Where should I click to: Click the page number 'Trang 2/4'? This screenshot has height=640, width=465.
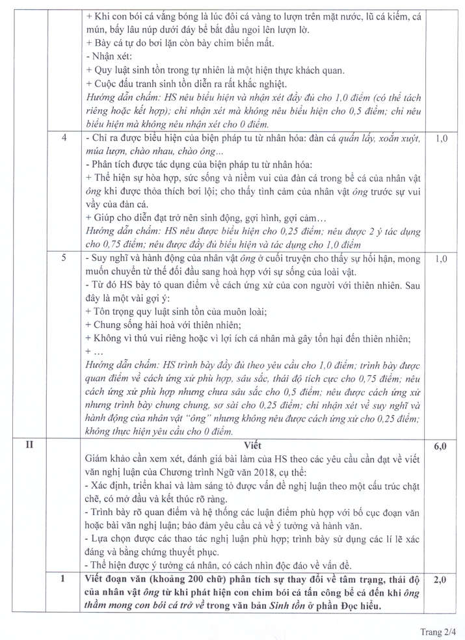pos(437,630)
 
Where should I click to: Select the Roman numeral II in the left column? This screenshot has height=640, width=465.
pos(29,447)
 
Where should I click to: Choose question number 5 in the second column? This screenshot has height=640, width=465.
pos(64,258)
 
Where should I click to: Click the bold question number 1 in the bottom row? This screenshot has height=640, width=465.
pos(64,578)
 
